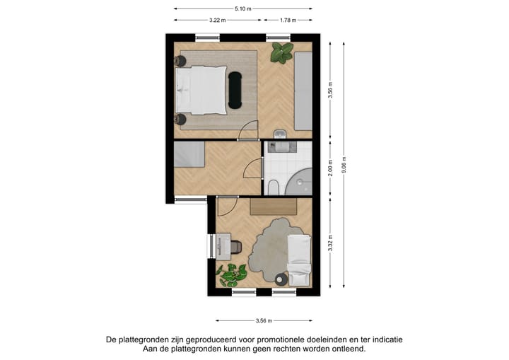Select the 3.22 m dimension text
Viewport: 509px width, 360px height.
(218, 20)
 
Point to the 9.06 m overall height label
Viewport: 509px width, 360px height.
(344, 164)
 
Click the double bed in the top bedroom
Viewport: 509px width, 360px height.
(201, 90)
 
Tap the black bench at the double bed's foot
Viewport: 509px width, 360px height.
(235, 90)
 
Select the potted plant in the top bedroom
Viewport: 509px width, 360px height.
(283, 52)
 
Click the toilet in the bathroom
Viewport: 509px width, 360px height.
(273, 187)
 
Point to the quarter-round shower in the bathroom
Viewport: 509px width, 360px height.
(302, 180)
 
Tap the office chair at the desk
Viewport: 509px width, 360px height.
(235, 247)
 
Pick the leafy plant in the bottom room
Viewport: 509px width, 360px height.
(231, 274)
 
